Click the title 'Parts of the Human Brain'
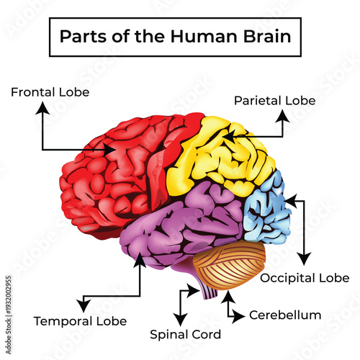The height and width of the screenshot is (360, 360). click(175, 36)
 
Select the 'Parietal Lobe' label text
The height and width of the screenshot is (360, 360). click(274, 101)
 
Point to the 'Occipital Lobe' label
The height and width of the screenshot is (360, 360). click(305, 277)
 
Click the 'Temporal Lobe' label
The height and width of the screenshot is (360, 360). click(81, 320)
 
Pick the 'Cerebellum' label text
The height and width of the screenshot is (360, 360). click(284, 315)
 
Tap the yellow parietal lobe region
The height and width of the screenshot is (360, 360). click(216, 158)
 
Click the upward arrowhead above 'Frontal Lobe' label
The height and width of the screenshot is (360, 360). click(43, 107)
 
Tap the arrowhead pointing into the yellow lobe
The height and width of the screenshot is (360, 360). click(226, 135)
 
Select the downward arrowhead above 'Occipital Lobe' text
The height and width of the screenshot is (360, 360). click(305, 259)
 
